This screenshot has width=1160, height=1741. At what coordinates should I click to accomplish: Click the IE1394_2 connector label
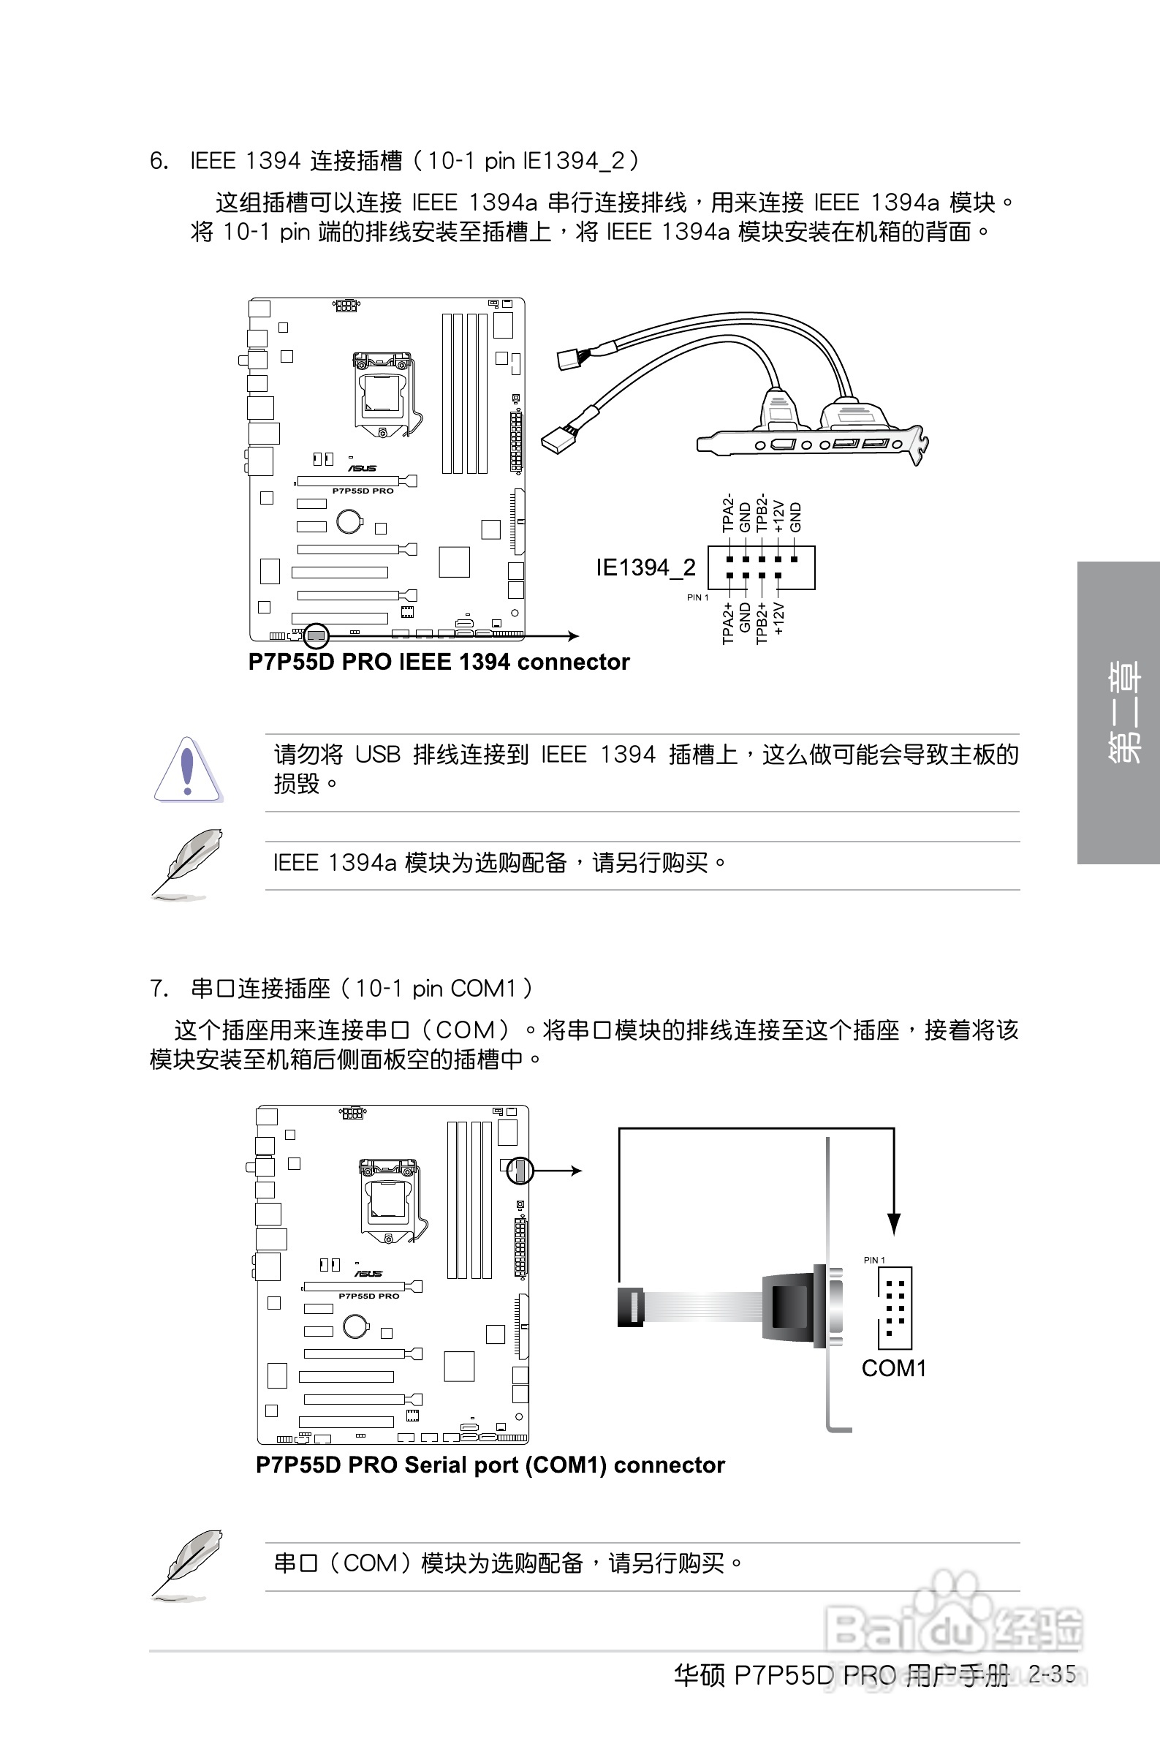click(x=645, y=567)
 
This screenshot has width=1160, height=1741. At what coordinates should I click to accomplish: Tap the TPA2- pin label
click(x=728, y=513)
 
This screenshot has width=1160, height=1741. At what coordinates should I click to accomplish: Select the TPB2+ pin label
click(x=761, y=623)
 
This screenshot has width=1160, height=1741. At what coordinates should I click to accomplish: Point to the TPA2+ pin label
click(x=728, y=623)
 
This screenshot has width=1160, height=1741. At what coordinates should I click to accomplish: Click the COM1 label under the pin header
click(x=894, y=1368)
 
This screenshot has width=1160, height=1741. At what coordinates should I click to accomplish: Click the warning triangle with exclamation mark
click(x=188, y=770)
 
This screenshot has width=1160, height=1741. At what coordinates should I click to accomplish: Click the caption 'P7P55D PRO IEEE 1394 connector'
click(x=439, y=662)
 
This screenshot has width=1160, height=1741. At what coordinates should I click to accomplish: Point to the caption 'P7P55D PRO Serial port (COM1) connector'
click(x=490, y=1465)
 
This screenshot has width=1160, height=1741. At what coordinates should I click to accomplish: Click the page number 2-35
click(x=1052, y=1674)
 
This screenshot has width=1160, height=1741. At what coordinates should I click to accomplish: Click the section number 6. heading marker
click(x=159, y=161)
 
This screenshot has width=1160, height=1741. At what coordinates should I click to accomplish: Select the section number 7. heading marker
click(x=159, y=989)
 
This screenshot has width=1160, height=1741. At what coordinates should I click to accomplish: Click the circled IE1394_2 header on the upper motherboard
click(x=316, y=635)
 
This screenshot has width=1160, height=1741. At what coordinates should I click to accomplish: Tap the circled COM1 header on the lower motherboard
click(x=520, y=1170)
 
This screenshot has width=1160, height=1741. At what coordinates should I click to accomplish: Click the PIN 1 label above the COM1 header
click(x=873, y=1260)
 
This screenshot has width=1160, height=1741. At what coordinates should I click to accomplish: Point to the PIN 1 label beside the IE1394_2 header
click(x=697, y=597)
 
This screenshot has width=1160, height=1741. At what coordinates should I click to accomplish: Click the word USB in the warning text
click(x=377, y=755)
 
